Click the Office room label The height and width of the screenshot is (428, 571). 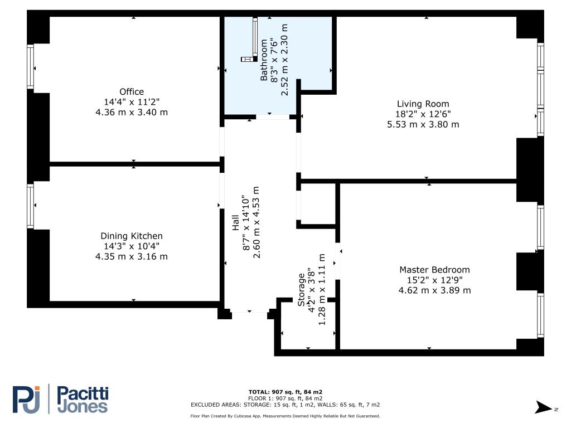point(132,92)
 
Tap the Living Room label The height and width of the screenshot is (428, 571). point(423,104)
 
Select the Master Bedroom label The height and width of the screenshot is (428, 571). point(434,270)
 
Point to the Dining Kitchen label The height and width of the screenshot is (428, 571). point(132,236)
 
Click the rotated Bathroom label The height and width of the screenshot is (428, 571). point(264,60)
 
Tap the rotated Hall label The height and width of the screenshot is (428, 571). point(236,222)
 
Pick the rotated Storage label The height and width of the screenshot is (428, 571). point(301,290)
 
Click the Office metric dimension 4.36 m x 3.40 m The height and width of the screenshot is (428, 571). point(132,112)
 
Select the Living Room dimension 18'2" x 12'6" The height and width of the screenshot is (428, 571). point(423,114)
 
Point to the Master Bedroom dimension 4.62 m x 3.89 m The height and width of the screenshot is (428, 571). point(434,290)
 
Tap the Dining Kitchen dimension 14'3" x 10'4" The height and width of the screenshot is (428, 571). point(132,246)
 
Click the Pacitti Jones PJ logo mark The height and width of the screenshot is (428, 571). point(26,399)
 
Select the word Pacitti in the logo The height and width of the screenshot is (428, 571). point(83,394)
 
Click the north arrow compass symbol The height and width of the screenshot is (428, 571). point(543,407)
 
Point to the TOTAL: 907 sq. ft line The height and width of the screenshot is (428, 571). point(285,392)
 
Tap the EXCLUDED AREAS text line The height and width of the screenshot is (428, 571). point(285,405)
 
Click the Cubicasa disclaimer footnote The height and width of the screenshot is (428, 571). point(285,416)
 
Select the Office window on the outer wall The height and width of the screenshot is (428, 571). point(31,67)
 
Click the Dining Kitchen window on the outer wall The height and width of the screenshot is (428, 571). point(31,206)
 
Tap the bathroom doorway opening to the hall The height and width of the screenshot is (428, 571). point(273,117)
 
